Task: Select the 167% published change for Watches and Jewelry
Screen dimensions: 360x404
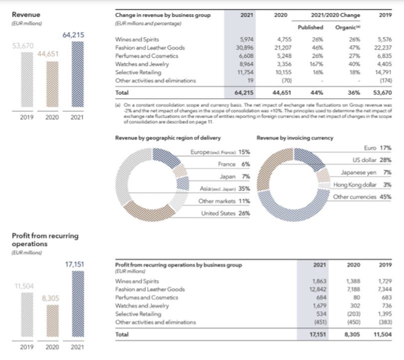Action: tap(315, 63)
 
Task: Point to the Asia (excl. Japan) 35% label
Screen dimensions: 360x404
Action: tap(224, 189)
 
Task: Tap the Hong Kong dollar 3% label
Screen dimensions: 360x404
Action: tap(366, 185)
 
